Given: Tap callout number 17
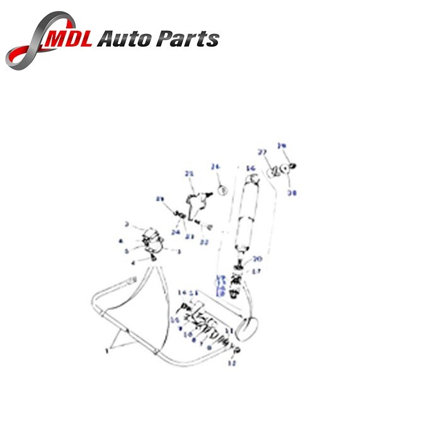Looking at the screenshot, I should coord(256,272).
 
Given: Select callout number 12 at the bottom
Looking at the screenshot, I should coord(231,364).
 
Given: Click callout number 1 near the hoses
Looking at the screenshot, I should coord(107,351).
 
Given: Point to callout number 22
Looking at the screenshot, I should coord(204,242).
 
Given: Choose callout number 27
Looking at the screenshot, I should coord(261,152).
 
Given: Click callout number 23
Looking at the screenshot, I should coord(190,236).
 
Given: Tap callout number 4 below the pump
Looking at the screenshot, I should coord(133,261).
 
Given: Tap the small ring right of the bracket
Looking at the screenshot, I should coord(221,189).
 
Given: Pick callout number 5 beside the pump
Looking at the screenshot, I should coord(127,250).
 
